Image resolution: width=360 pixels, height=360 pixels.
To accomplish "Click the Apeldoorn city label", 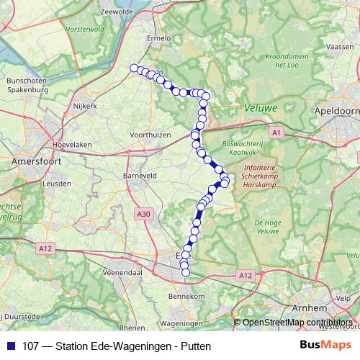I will [x=337, y=112].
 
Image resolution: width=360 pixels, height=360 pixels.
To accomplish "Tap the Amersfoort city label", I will [x=35, y=163].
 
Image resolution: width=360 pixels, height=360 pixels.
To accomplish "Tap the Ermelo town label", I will [x=158, y=38].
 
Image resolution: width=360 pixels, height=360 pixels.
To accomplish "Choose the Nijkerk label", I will [x=85, y=106].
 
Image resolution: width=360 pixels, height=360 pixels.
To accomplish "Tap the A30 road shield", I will [x=144, y=213].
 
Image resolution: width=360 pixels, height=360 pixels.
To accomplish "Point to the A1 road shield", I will [x=277, y=132].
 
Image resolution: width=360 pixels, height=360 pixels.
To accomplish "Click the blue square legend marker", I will [x=10, y=346].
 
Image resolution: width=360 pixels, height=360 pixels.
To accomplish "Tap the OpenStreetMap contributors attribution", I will [x=297, y=323].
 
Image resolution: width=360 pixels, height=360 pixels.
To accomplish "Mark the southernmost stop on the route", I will [x=185, y=272].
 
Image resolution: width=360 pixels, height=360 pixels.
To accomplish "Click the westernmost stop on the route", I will [x=133, y=68].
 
